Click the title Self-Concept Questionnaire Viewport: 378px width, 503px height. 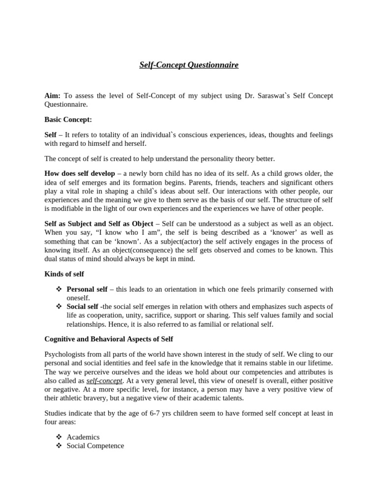(189, 65)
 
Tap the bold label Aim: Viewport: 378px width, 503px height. (53, 95)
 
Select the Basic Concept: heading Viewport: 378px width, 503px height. (68, 119)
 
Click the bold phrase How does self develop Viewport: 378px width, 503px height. (80, 173)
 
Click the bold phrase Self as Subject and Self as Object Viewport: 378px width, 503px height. (99, 224)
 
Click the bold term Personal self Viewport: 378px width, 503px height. (87, 289)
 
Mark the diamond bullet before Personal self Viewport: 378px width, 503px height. (59, 289)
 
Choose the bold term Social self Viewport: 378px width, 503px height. (83, 307)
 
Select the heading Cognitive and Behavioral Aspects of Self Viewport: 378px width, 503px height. (109, 339)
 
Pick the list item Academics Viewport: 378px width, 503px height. (83, 437)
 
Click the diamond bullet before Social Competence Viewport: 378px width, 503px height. (59, 446)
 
